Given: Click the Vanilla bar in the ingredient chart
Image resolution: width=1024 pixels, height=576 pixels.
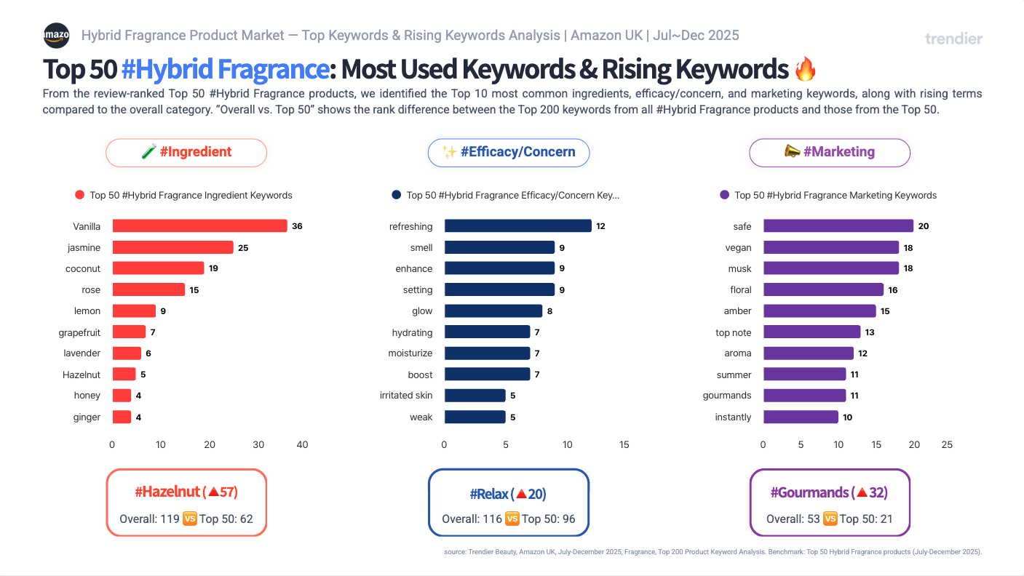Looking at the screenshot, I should [199, 226].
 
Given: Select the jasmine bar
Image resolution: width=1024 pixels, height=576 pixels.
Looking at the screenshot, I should [172, 247].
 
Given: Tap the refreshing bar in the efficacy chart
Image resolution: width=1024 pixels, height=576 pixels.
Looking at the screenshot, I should [517, 226].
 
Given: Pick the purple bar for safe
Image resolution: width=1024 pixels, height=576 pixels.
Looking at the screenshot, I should [838, 226].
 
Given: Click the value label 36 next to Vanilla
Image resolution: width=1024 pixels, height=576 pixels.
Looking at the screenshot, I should [297, 226].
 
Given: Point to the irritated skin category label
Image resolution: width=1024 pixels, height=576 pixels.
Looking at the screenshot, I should [406, 396].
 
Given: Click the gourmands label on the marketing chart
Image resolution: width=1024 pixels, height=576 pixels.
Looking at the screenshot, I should [727, 396].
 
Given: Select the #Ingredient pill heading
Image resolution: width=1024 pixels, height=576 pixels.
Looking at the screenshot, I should [186, 152].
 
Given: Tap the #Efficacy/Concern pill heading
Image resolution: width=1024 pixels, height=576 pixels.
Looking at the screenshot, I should [508, 152].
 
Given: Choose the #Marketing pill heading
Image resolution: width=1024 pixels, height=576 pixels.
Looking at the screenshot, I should [830, 152].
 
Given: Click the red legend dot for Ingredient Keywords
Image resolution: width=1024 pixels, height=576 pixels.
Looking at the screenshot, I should [80, 195].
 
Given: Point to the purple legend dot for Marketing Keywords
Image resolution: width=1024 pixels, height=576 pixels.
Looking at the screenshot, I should [724, 195].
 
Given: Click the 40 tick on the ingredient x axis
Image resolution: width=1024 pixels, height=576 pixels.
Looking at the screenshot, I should [303, 444].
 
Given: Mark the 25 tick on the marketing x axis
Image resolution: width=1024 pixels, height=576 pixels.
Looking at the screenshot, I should [946, 444].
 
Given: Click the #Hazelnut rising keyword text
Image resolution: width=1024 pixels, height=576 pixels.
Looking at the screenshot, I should [186, 492].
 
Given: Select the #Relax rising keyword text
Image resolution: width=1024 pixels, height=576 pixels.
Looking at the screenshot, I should [508, 495].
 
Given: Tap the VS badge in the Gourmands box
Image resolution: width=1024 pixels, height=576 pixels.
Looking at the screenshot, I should [830, 519].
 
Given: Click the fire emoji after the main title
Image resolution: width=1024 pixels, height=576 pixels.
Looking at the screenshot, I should [806, 69].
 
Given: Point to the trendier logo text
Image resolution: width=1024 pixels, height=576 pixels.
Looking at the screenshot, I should [953, 39].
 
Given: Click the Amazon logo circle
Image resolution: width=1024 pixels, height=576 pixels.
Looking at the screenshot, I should [56, 35].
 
